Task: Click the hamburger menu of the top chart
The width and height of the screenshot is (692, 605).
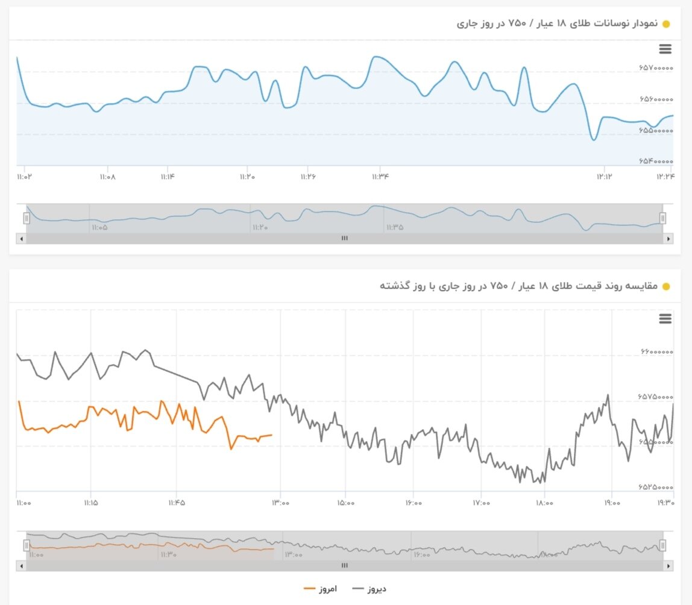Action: pos(665,49)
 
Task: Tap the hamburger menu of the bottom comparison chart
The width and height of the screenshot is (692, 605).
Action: pos(665,319)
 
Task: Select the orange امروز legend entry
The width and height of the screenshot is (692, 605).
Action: pos(321,588)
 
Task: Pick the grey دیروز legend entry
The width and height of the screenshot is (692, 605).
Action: pos(369,588)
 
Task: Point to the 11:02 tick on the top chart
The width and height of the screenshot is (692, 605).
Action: pos(24,177)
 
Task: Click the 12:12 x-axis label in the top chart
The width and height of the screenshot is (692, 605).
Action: pos(605,177)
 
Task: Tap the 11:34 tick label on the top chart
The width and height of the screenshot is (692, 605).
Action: pos(380,177)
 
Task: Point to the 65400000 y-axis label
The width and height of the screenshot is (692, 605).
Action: pos(655,161)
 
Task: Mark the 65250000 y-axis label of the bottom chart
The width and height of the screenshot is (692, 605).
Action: pos(655,487)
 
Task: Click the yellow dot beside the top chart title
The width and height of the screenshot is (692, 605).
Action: pos(666,24)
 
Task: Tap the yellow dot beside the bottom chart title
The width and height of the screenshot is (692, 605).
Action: pos(666,286)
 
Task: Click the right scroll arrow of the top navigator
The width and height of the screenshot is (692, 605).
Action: pos(668,239)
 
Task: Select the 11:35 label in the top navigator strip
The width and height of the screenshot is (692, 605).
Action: pos(395,228)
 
